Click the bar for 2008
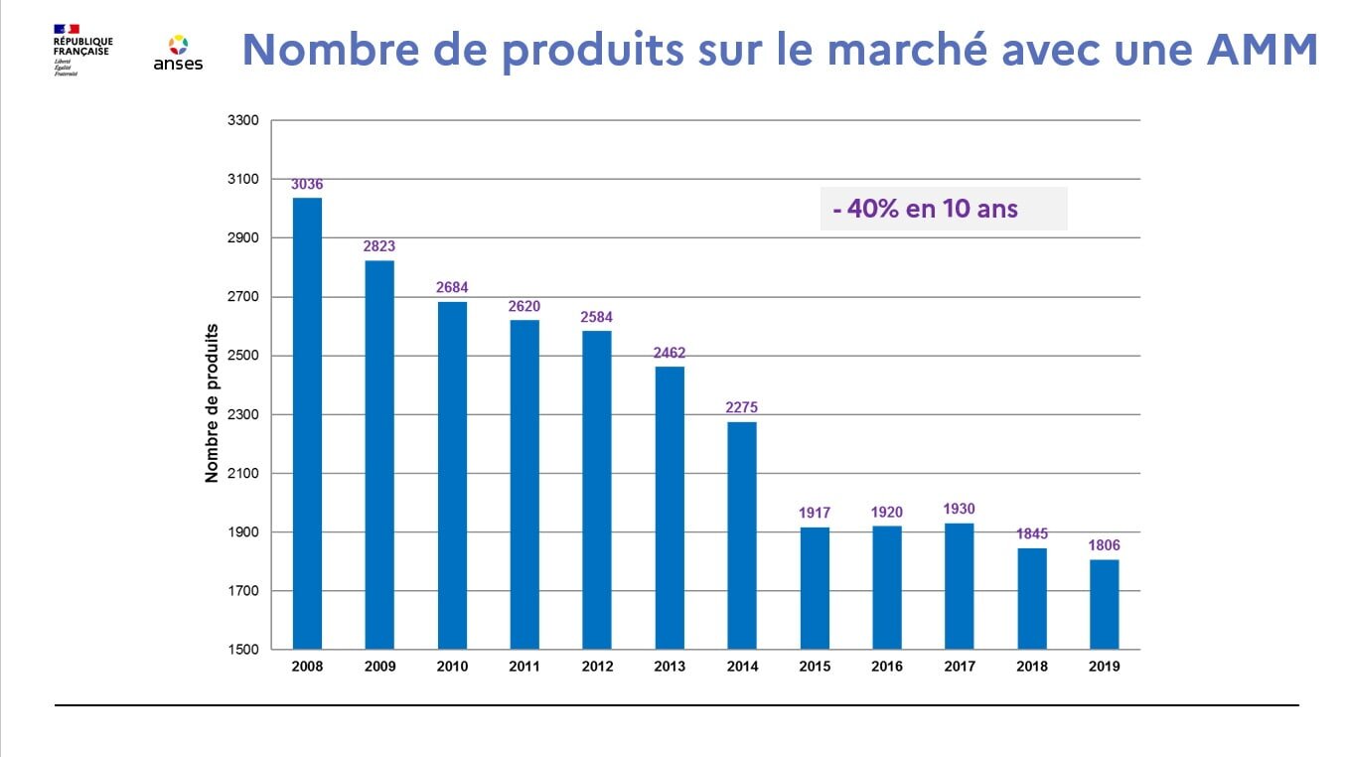pyautogui.click(x=307, y=423)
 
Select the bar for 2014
pyautogui.click(x=742, y=535)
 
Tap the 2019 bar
pyautogui.click(x=1104, y=604)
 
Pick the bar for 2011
pyautogui.click(x=524, y=484)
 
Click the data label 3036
pyautogui.click(x=307, y=184)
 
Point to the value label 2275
pyautogui.click(x=742, y=407)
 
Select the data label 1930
pyautogui.click(x=960, y=510)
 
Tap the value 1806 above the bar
pyautogui.click(x=1104, y=545)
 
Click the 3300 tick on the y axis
pyautogui.click(x=244, y=121)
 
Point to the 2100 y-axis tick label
pyautogui.click(x=244, y=474)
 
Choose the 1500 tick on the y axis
pyautogui.click(x=244, y=650)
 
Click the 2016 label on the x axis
pyautogui.click(x=887, y=667)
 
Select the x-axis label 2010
pyautogui.click(x=452, y=667)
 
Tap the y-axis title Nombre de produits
pyautogui.click(x=212, y=402)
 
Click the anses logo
pyautogui.click(x=178, y=54)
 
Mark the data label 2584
pyautogui.click(x=597, y=318)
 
